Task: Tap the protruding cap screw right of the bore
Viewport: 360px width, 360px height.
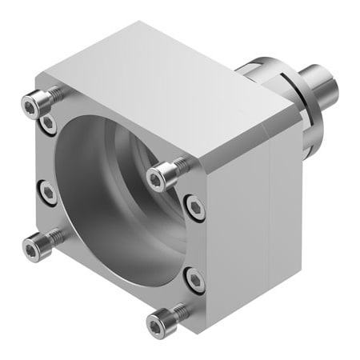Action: click(160, 171)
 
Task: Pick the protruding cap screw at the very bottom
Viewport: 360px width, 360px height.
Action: click(156, 322)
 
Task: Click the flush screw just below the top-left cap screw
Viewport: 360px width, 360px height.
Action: click(49, 122)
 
